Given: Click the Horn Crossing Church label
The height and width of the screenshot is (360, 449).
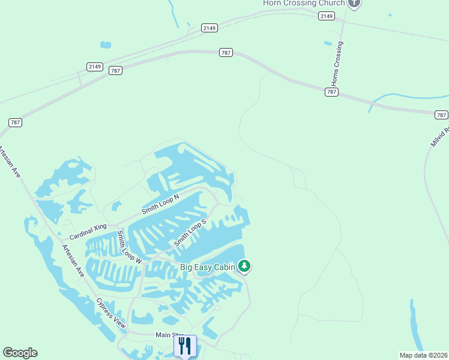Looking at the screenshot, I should tap(304, 3).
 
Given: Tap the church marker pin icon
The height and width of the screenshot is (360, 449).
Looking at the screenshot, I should tap(354, 3).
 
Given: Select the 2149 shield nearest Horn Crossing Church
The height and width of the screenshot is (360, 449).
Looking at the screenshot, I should tap(327, 16).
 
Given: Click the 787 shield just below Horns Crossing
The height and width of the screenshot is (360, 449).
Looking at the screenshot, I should tap(332, 92).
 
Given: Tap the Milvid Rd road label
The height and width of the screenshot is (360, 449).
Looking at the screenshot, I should tap(439, 137).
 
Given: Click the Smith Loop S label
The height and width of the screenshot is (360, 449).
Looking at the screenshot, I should tap(190, 232).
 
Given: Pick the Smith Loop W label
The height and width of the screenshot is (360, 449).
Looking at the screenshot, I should tap(128, 247).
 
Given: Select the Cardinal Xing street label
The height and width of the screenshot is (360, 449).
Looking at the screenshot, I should tap(88, 226).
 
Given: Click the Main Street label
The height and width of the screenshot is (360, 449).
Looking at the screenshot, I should tap(170, 335).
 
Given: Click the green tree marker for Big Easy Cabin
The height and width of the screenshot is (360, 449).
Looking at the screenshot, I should tap(244, 265).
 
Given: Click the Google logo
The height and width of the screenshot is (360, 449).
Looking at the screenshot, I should tap(20, 353).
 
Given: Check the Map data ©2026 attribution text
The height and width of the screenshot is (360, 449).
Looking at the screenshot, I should tap(423, 355).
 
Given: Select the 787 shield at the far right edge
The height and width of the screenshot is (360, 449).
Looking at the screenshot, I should tap(441, 114).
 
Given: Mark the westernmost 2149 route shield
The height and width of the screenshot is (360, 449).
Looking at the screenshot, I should tap(94, 66).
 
